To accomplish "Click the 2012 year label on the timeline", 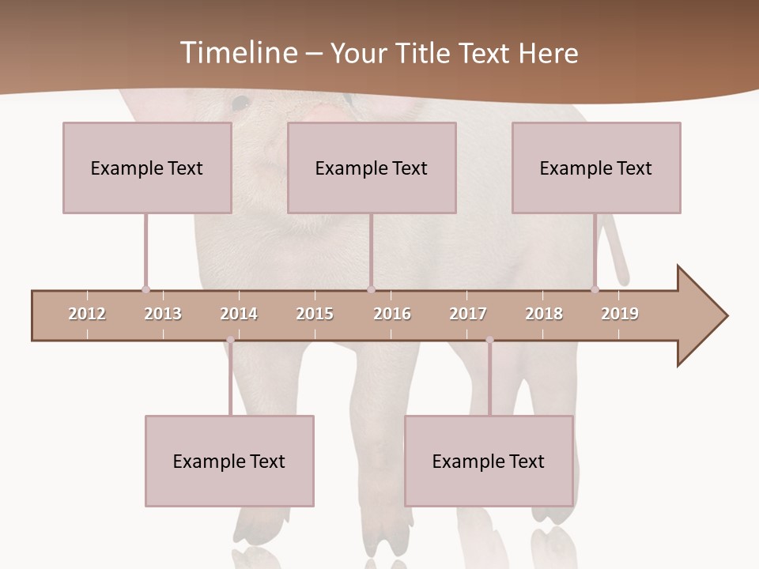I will click(87, 314).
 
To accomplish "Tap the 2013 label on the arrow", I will click(163, 314).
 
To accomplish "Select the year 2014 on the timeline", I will click(239, 314).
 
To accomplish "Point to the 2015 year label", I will click(315, 314).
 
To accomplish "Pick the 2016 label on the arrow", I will click(392, 314).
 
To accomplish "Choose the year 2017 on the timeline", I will click(468, 314).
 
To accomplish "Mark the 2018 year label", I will click(544, 314).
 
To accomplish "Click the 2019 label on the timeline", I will click(620, 314).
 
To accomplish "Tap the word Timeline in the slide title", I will click(238, 53).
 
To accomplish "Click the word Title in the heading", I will click(426, 53).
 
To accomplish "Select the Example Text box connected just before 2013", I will click(147, 168).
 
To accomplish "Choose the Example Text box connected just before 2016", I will click(372, 168).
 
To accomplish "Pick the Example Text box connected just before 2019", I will click(596, 168).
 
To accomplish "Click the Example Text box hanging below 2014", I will click(229, 461).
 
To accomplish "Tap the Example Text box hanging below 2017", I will click(489, 461).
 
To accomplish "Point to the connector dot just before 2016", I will click(371, 289).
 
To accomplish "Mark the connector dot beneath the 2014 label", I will click(230, 340).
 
